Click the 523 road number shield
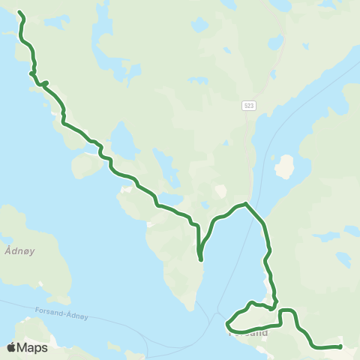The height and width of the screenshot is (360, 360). click(x=248, y=106)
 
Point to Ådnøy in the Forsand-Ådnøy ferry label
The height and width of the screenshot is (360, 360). click(x=76, y=317)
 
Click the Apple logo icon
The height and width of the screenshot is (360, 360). click(x=12, y=347)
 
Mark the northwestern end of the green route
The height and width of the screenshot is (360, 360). click(x=19, y=13)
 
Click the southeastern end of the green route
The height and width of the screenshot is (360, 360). click(x=340, y=346)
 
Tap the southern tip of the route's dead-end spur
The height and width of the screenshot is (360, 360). click(x=200, y=260)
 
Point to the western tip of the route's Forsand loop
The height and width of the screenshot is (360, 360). click(x=227, y=324)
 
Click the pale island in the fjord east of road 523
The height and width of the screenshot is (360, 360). click(x=283, y=166)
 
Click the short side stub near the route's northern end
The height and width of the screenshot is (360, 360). click(x=46, y=82)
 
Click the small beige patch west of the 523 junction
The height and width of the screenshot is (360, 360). click(x=220, y=191)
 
